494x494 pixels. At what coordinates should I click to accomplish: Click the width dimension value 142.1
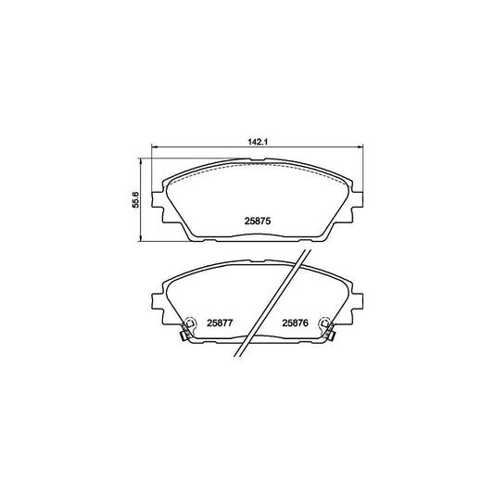(x=257, y=143)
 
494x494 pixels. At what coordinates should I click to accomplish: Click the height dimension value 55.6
(x=134, y=200)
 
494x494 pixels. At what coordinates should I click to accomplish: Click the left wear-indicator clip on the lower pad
(x=186, y=326)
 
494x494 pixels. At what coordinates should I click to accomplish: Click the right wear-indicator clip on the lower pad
(x=326, y=326)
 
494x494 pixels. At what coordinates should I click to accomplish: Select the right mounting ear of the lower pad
(x=357, y=300)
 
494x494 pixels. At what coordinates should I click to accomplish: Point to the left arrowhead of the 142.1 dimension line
(x=155, y=147)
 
